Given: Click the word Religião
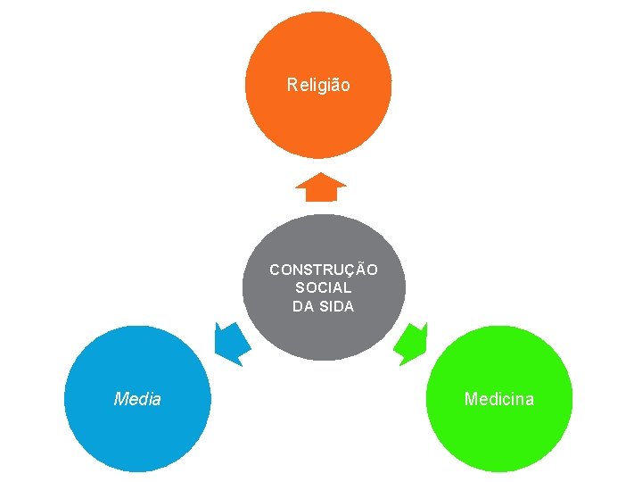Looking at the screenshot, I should coord(318,86).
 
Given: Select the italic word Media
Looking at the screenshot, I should coord(137,399).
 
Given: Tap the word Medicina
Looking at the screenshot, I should coord(498,399).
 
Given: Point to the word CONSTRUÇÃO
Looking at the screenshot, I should coord(324,270).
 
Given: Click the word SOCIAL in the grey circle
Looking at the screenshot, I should coord(323,288).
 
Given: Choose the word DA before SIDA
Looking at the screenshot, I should coord(301,306).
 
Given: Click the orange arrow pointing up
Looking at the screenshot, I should coord(320,187).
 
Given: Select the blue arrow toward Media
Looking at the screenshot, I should coord(231,343).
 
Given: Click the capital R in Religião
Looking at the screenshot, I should coord(292,86).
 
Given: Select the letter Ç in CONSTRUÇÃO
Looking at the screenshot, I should coord(352,270).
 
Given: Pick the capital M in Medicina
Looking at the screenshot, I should coord(470,399).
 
